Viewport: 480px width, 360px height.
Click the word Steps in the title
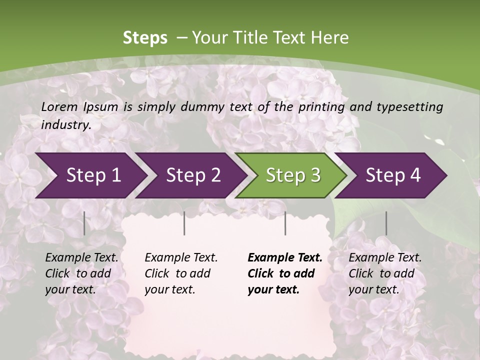click(x=145, y=37)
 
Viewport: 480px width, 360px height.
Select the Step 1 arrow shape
click(x=90, y=175)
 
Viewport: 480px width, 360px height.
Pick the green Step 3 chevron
click(x=292, y=175)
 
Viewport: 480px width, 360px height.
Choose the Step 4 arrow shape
click(x=392, y=175)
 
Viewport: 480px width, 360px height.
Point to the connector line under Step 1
click(x=84, y=223)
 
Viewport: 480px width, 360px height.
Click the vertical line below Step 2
click(x=184, y=223)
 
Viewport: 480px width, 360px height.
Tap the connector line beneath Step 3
click(x=285, y=223)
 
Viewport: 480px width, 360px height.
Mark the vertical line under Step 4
click(x=386, y=223)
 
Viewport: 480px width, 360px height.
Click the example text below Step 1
click(x=81, y=273)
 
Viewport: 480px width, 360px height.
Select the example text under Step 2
click(x=181, y=273)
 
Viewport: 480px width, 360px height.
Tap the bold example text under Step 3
click(x=284, y=273)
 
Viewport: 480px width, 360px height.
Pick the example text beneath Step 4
click(x=385, y=273)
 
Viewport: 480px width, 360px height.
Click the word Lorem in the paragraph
click(x=59, y=106)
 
